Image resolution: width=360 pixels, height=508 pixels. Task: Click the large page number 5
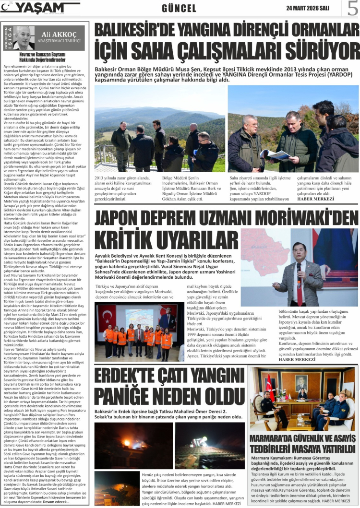[352, 9]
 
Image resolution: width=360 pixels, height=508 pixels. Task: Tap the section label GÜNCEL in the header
[179, 9]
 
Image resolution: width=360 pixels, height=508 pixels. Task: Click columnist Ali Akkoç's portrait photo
[24, 38]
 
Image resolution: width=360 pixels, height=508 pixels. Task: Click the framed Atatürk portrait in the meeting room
[301, 383]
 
